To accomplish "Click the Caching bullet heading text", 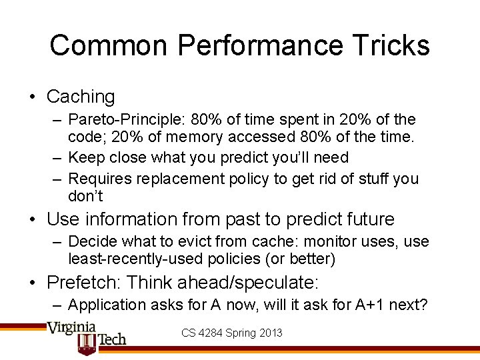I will tap(81, 97).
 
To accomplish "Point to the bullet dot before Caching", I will tap(33, 97).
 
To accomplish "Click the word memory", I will tap(196, 137).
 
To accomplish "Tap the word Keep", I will tap(84, 158).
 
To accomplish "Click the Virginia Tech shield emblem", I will tap(87, 343).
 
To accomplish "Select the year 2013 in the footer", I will tap(270, 333).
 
